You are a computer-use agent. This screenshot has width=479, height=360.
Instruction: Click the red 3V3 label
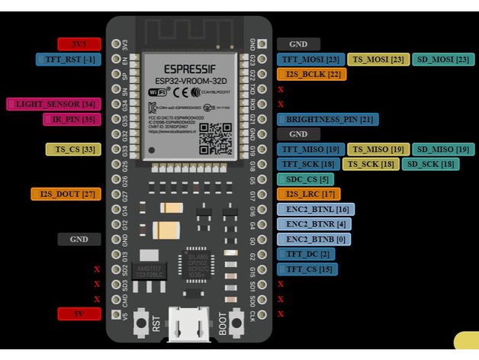tap(79, 44)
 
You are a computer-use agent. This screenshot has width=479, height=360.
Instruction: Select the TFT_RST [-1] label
tap(68, 59)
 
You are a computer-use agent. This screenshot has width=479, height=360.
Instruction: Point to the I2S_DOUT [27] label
tap(66, 194)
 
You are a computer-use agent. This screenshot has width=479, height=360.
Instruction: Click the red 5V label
tap(79, 313)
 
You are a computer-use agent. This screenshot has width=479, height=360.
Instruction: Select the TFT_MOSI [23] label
tap(310, 59)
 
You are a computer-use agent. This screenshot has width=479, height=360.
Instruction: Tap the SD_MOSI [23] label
tap(443, 59)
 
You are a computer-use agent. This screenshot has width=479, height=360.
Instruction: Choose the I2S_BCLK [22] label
tap(311, 74)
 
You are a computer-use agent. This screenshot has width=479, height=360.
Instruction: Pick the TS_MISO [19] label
tap(376, 149)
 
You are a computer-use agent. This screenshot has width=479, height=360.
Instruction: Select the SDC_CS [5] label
tap(303, 179)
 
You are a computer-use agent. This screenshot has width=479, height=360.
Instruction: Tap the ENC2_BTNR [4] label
tap(315, 223)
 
